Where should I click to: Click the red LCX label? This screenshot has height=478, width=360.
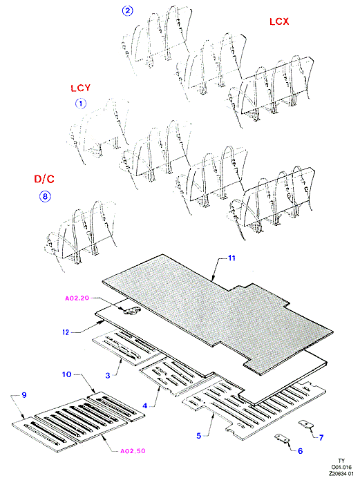(279, 21)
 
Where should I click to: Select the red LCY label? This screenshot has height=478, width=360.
(80, 88)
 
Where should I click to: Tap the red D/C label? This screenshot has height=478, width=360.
(44, 179)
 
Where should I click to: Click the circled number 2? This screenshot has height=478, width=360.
(127, 10)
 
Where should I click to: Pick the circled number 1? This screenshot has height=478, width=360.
(81, 104)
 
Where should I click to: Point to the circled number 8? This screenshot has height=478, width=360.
(45, 196)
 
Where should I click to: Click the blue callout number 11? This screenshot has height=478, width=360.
(231, 258)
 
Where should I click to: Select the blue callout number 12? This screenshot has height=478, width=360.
(66, 332)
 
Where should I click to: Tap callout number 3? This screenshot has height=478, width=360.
(108, 375)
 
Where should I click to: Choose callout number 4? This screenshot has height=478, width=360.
(145, 405)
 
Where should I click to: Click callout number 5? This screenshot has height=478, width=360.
(199, 436)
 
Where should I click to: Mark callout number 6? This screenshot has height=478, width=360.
(300, 451)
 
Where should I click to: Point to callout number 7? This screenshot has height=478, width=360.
(321, 437)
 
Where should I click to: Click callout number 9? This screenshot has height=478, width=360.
(24, 395)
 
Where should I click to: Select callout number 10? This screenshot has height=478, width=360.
(66, 374)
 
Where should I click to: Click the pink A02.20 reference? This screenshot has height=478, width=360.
(77, 298)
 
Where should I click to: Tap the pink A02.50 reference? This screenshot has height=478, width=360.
(133, 451)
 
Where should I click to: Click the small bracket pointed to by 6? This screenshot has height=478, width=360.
(282, 438)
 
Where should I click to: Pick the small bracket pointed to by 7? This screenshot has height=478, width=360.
(305, 423)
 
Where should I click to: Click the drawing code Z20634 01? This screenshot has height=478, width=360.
(341, 473)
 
